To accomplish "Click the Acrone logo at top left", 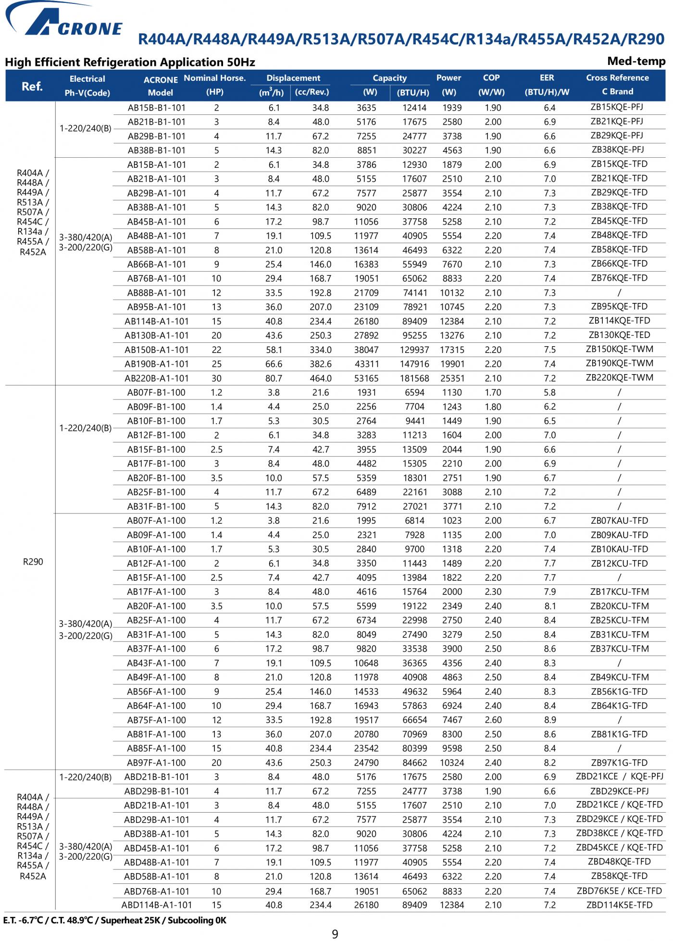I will pyautogui.click(x=62, y=22).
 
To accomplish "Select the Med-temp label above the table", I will pyautogui.click(x=636, y=61).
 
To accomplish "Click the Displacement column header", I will pyautogui.click(x=293, y=78).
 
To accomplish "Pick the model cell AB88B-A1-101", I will pyautogui.click(x=157, y=293).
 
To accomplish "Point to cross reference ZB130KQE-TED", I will pyautogui.click(x=619, y=335).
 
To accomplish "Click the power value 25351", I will pyautogui.click(x=452, y=378).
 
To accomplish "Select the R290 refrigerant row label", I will pyautogui.click(x=33, y=562).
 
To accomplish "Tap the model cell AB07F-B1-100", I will pyautogui.click(x=156, y=393).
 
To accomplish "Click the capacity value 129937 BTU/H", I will pyautogui.click(x=414, y=350).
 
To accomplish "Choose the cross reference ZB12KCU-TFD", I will pyautogui.click(x=619, y=564).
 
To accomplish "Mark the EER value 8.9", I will pyautogui.click(x=549, y=720).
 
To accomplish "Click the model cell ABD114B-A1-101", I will pyautogui.click(x=157, y=905).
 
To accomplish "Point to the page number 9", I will pyautogui.click(x=335, y=934).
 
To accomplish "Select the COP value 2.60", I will pyautogui.click(x=493, y=720).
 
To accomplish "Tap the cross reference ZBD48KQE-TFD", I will pyautogui.click(x=619, y=862).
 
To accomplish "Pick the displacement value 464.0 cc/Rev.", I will pyautogui.click(x=321, y=378).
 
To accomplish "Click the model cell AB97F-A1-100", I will pyautogui.click(x=156, y=763).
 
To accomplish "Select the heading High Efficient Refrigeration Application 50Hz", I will pyautogui.click(x=130, y=62).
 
